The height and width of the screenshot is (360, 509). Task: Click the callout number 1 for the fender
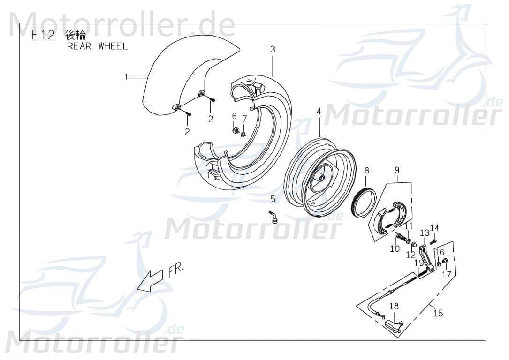click(126, 77)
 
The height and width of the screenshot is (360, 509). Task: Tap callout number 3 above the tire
click(273, 49)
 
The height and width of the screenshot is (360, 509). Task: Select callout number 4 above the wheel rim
click(319, 112)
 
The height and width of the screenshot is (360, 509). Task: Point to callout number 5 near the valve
click(273, 199)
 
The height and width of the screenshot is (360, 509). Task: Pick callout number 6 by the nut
click(234, 116)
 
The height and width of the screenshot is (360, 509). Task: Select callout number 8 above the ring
click(367, 171)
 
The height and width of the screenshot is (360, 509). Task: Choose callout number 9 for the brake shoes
click(397, 171)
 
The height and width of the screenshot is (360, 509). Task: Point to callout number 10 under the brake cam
click(395, 248)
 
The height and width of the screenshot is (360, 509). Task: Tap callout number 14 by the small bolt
click(434, 228)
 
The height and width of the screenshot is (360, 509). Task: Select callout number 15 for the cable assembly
click(438, 313)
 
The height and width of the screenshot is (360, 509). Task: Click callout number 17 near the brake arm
click(446, 274)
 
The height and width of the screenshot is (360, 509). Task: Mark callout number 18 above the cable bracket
click(394, 306)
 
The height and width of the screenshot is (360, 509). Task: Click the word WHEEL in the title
click(113, 46)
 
